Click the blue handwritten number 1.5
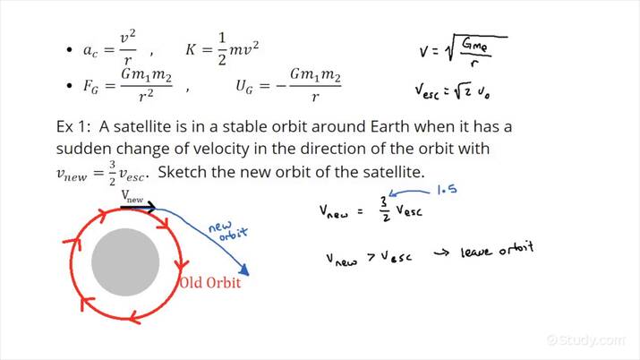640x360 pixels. tap(447, 191)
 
